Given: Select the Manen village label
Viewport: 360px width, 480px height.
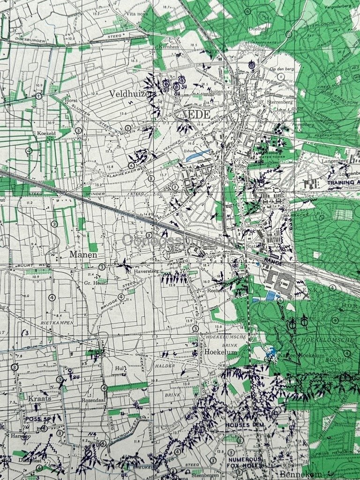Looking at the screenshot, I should coord(83,255).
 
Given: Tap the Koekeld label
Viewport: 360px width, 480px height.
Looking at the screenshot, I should coord(47,133).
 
